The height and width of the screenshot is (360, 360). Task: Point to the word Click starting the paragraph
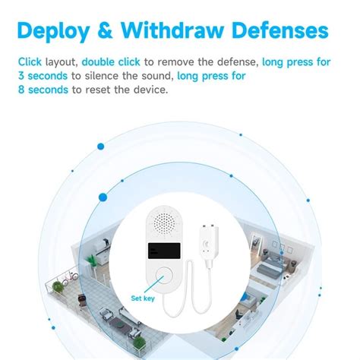pyautogui.click(x=30, y=62)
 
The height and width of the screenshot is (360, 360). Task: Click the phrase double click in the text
pyautogui.click(x=109, y=62)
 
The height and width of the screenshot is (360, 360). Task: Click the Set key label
pyautogui.click(x=142, y=298)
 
